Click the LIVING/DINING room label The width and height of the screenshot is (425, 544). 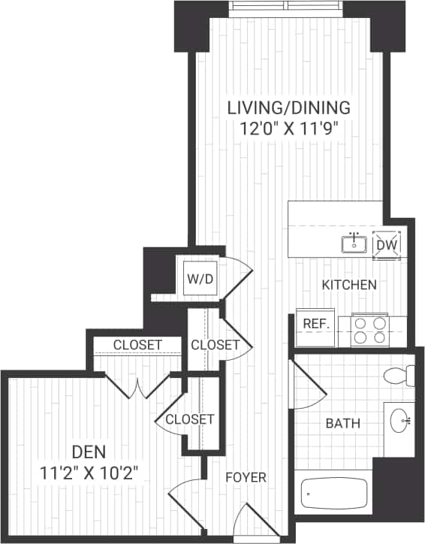(x=289, y=107)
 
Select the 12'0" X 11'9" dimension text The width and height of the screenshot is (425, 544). (x=289, y=127)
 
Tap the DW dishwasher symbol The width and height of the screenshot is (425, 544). (x=387, y=244)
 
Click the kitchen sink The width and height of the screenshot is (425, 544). (x=353, y=243)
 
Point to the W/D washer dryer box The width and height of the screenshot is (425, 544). (x=200, y=280)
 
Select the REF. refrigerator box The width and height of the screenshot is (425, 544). (x=313, y=323)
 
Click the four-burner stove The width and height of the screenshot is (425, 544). (x=371, y=330)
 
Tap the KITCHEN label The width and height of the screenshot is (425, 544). (x=349, y=286)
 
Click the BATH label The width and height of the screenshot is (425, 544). (x=342, y=424)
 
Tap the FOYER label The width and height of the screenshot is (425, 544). (x=246, y=477)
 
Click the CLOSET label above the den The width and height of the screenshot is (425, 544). (x=137, y=345)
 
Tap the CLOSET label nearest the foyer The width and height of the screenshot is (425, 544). (x=190, y=419)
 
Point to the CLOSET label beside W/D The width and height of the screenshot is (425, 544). (x=215, y=345)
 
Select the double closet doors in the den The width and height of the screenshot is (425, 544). (x=136, y=385)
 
